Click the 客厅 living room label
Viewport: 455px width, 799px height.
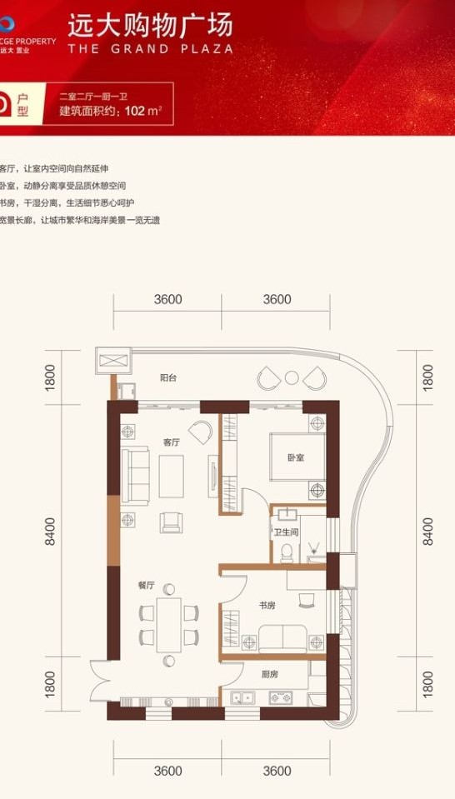pyautogui.click(x=172, y=442)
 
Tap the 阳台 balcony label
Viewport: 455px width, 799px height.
pyautogui.click(x=169, y=377)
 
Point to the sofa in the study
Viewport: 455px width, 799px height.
pyautogui.click(x=282, y=639)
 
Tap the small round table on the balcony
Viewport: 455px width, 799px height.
pyautogui.click(x=292, y=377)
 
